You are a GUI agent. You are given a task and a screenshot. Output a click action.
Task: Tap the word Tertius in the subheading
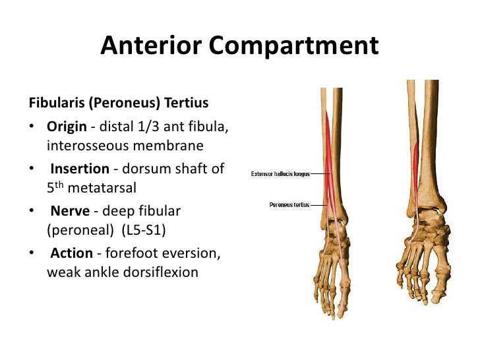[187, 104]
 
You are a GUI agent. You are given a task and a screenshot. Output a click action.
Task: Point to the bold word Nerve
[67, 211]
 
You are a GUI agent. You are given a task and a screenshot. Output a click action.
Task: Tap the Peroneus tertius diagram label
[289, 204]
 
